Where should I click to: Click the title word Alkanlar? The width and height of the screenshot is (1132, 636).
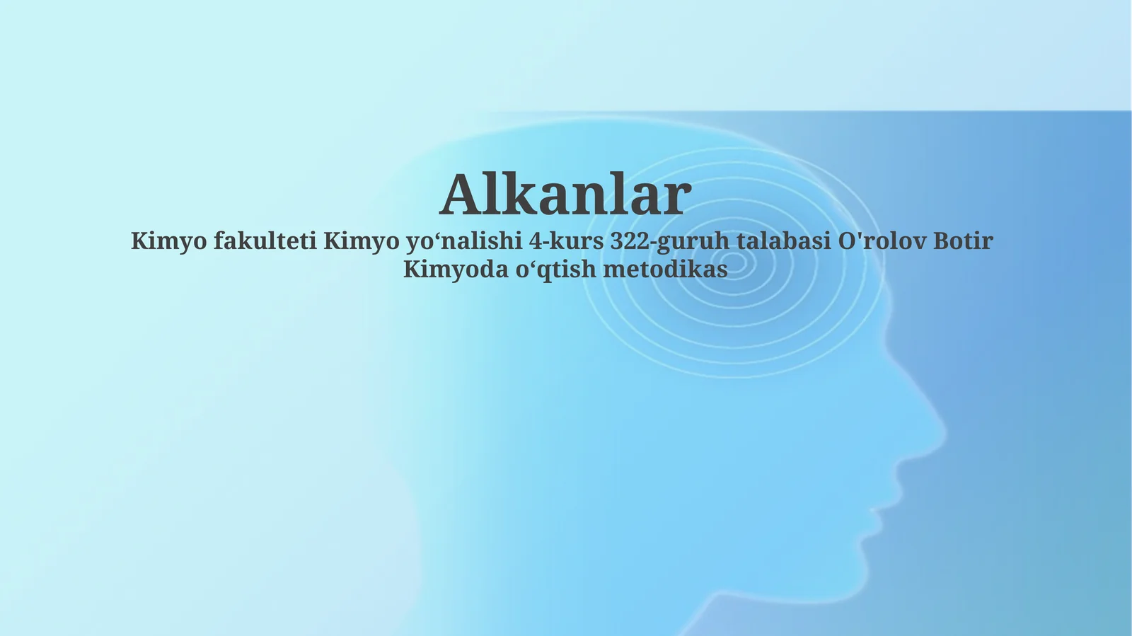point(565,195)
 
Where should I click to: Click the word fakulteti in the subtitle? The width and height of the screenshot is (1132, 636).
point(265,241)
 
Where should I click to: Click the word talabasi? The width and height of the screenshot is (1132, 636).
point(783,241)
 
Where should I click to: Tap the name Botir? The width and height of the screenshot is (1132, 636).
point(963,241)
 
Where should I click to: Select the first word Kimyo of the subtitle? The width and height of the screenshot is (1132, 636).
point(169,241)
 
